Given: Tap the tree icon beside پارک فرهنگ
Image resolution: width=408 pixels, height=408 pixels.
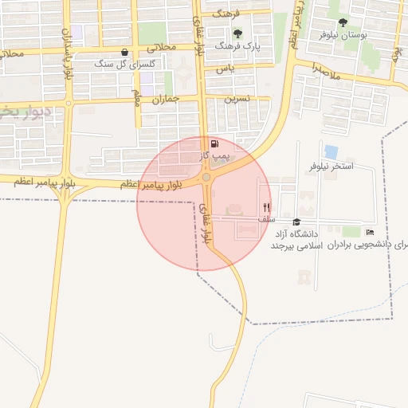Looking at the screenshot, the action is [x=237, y=33].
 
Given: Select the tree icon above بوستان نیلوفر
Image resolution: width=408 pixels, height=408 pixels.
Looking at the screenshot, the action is [x=343, y=23].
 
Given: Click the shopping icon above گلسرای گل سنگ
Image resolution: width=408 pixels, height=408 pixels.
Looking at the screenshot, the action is [x=124, y=53].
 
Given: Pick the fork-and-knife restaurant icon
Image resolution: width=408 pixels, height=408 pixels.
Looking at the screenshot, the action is [x=266, y=206].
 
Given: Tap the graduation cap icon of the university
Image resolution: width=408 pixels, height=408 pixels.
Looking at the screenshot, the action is [x=296, y=222].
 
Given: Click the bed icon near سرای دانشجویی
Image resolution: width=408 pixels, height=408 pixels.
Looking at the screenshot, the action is [x=370, y=232].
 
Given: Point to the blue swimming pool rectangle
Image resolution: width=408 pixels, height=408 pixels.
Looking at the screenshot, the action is [x=331, y=151].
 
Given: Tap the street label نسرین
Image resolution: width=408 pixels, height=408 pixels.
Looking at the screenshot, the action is [x=237, y=99].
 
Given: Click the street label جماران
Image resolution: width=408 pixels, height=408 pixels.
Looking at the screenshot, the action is [x=163, y=100].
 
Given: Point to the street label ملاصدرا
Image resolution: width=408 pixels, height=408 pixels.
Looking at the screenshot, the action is [x=326, y=73].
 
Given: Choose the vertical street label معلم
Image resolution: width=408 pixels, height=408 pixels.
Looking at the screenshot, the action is [x=137, y=97].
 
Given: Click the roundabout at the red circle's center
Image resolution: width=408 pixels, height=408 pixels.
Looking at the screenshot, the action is [x=206, y=178].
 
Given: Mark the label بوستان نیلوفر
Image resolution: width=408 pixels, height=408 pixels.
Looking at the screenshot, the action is [x=343, y=36].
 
